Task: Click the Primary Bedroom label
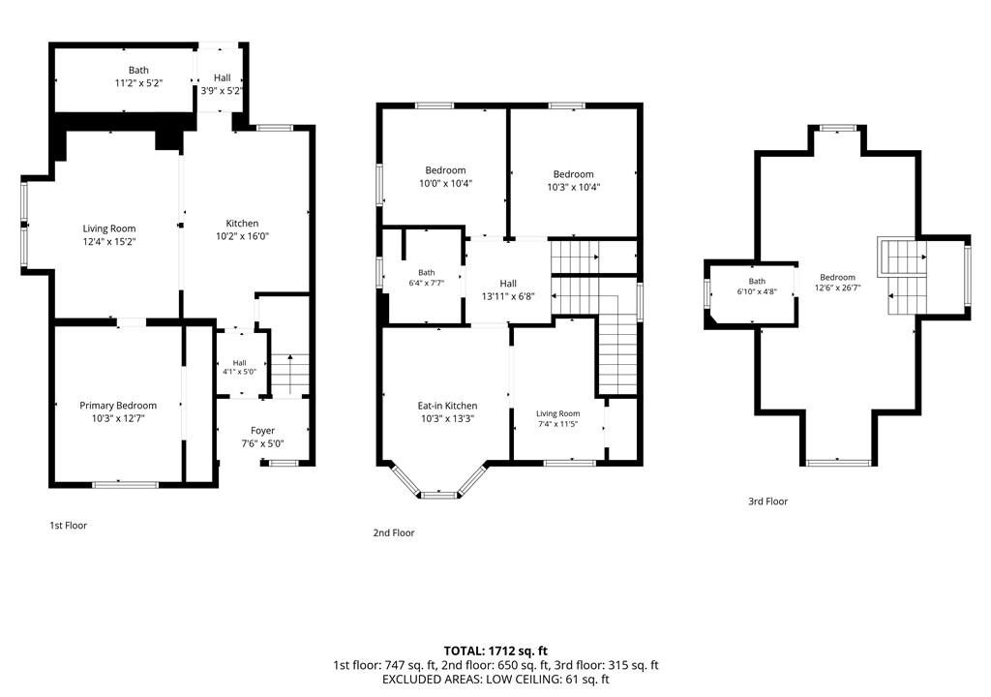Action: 118,406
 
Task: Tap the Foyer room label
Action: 262,431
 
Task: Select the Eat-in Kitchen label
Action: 447,406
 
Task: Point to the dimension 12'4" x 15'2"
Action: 109,242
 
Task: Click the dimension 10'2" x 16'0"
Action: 242,236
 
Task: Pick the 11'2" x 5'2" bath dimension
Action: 138,83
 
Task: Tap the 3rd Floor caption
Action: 767,501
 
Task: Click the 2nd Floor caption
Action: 394,533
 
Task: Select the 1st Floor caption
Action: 69,526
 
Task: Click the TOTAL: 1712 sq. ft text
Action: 495,651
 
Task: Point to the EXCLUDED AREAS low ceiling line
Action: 495,680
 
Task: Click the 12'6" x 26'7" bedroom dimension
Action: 837,288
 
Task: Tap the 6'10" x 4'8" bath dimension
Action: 757,291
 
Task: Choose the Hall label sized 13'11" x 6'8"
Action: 508,284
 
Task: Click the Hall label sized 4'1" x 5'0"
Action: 239,363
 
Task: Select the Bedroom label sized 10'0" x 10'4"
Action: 445,170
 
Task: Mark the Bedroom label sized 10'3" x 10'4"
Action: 573,174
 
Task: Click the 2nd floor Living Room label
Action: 558,413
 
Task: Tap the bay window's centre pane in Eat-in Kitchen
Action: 438,496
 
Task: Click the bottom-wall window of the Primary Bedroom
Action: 125,485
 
